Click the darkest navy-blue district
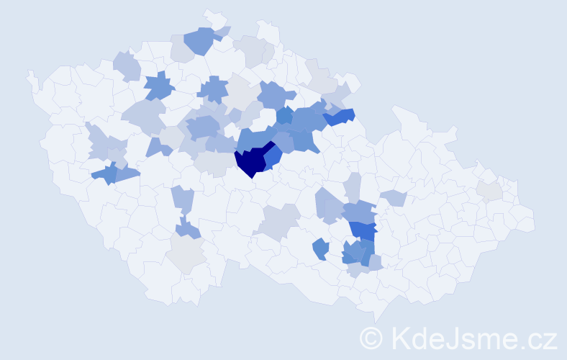coord(251,161)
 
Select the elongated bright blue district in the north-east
coord(340,115)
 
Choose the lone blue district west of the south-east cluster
coord(321,249)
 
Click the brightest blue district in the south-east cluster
coord(364,230)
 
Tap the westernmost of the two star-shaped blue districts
coord(160,87)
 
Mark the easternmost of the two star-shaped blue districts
coord(213,90)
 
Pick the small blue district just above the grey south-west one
coord(189,229)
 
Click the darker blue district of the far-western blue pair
coord(105,174)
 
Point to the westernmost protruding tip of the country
coord(30,74)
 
